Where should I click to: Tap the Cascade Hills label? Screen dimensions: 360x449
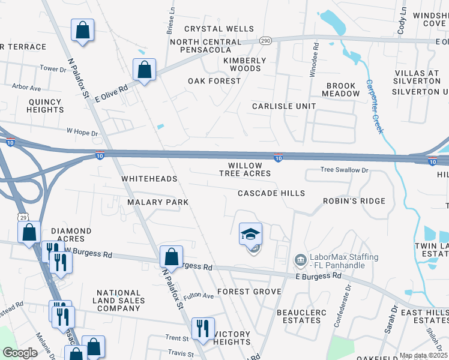click(x=271, y=193)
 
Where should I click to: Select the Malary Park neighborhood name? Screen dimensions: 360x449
click(x=158, y=202)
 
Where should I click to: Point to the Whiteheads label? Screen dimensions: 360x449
click(x=149, y=179)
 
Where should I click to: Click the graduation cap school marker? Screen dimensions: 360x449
click(x=251, y=233)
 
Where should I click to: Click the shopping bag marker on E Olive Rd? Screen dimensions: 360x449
click(x=145, y=70)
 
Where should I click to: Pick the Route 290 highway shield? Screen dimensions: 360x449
click(x=266, y=40)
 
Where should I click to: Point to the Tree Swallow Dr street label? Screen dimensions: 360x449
click(x=343, y=170)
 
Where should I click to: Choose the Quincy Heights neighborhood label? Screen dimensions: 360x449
click(x=46, y=106)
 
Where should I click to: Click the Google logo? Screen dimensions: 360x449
click(x=20, y=353)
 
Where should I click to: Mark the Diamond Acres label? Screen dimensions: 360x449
click(x=71, y=235)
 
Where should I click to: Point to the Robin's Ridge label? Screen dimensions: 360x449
click(x=354, y=201)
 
